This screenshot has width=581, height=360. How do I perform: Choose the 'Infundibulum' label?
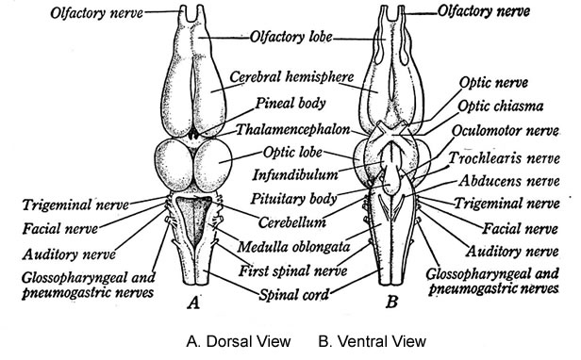(x=290, y=175)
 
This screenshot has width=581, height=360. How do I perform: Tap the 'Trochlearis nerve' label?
(x=508, y=156)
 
